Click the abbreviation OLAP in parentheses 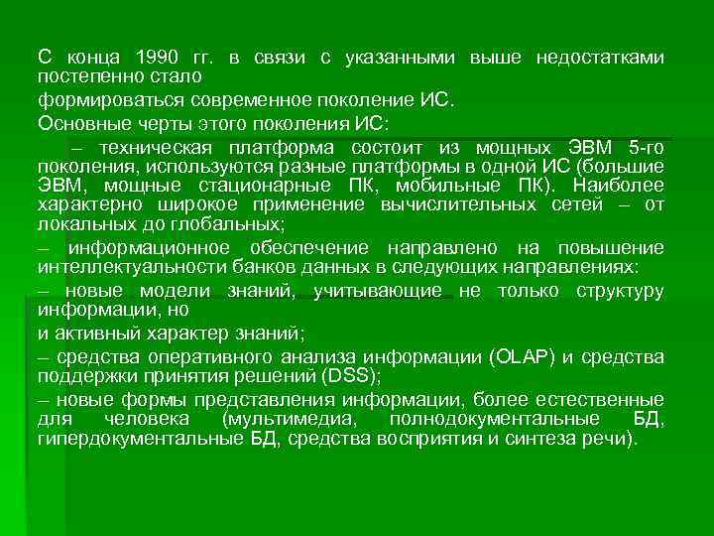coord(528,357)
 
